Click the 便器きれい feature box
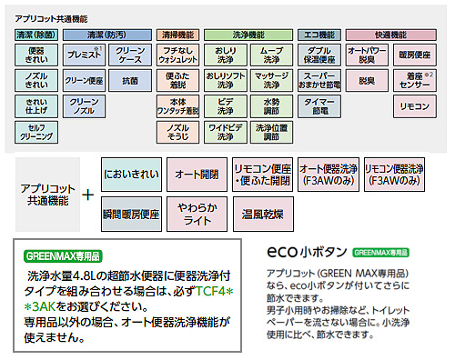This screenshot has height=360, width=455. click(x=36, y=54)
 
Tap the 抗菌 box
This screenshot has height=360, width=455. click(x=130, y=79)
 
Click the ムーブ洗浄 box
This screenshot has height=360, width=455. click(x=270, y=54)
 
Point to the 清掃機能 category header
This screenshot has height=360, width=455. click(x=178, y=33)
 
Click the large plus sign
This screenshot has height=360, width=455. click(x=88, y=195)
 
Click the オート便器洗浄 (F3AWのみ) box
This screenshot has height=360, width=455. click(x=327, y=172)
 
